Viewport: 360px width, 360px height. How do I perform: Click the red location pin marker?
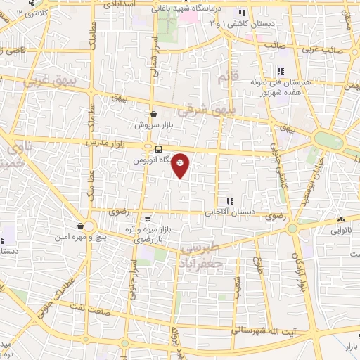[181, 165]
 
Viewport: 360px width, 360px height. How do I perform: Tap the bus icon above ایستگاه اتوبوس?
[157, 149]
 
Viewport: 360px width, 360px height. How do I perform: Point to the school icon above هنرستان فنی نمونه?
[280, 70]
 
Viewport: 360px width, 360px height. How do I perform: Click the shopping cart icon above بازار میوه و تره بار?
[146, 219]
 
